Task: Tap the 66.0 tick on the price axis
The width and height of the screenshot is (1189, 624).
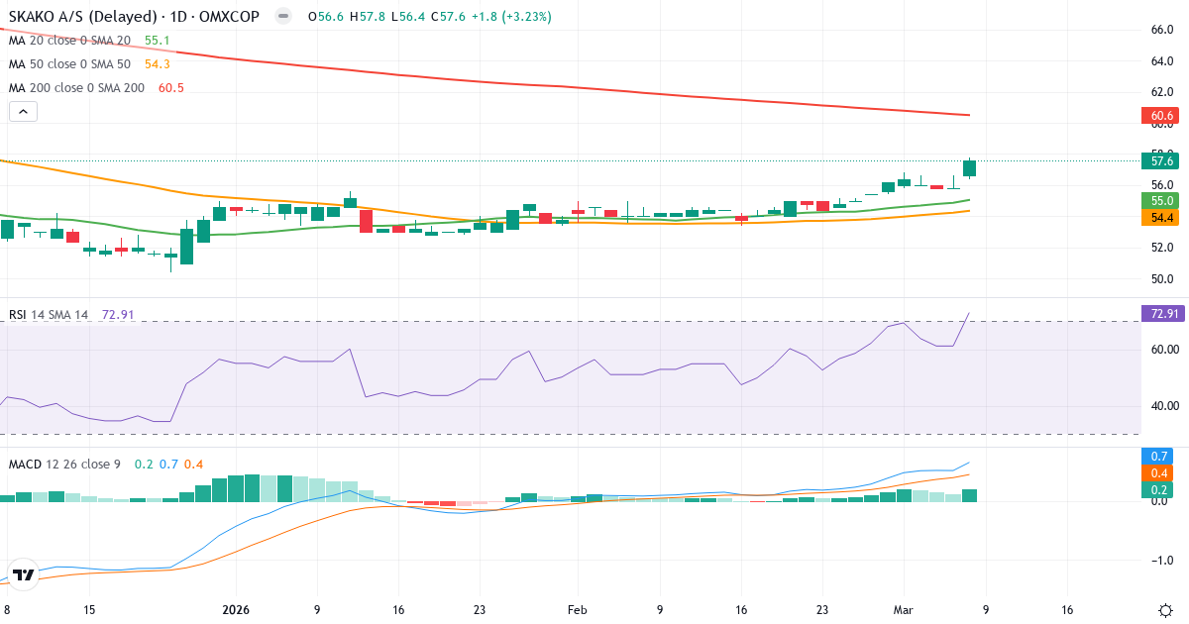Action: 1162,30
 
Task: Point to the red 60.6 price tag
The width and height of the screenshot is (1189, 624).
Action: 1162,117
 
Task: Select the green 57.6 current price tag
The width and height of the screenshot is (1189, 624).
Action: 1158,160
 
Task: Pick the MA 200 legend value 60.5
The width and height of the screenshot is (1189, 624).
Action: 171,87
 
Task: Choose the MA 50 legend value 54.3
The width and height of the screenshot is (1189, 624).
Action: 157,63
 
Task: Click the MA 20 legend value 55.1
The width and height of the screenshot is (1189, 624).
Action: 157,41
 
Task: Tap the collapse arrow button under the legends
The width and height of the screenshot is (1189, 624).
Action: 23,112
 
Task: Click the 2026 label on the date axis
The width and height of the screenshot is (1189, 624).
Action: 237,610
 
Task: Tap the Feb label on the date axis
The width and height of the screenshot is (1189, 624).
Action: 578,610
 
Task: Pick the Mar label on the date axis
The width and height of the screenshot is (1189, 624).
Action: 902,610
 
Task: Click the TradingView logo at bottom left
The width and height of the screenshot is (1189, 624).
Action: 25,574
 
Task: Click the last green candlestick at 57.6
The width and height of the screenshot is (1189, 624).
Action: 969,168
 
